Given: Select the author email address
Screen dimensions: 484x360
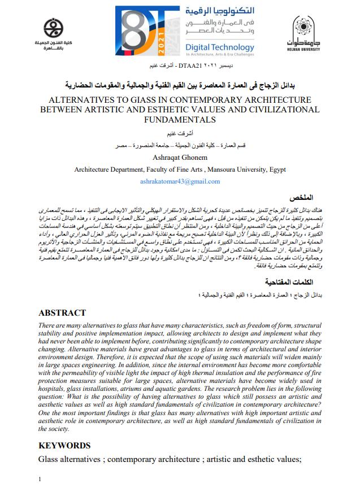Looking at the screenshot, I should click(x=180, y=181).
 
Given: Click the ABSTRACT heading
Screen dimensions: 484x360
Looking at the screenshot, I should click(x=62, y=313).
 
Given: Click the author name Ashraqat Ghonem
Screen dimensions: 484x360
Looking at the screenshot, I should click(x=180, y=158).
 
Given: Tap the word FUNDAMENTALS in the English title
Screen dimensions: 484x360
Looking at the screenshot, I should click(x=180, y=120).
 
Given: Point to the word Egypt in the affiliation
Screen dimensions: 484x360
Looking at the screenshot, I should click(x=274, y=169).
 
